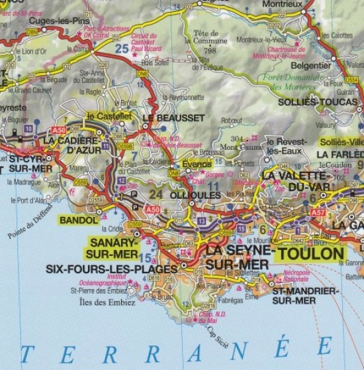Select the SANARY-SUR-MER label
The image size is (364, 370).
pos(111,248)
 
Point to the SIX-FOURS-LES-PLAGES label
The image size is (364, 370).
pos(113,269)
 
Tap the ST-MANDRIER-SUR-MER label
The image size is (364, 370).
pos(304,296)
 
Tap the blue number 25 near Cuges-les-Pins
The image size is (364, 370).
pos(122,48)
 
